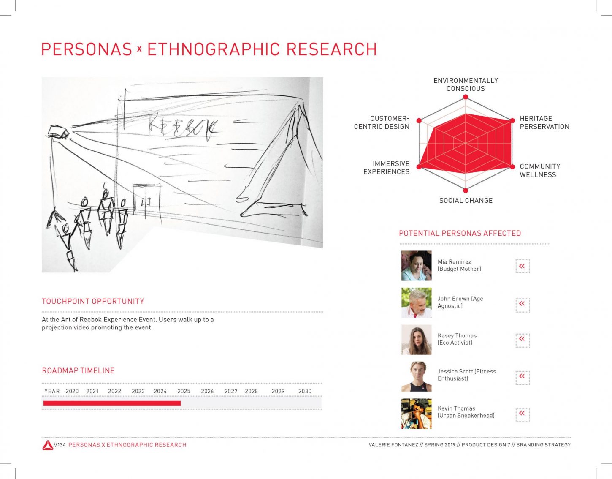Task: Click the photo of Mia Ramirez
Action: tap(416, 266)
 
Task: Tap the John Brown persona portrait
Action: tap(416, 302)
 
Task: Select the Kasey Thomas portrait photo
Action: tap(416, 340)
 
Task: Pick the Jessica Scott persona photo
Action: tap(416, 376)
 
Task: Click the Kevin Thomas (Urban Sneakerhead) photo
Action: tap(416, 414)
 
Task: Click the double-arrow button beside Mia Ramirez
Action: tap(523, 266)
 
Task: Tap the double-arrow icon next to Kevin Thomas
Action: tap(523, 415)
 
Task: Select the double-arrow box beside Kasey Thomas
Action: tap(523, 340)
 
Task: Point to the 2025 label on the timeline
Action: tap(184, 391)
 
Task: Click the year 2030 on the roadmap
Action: tap(305, 391)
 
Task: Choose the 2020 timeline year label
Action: tap(72, 391)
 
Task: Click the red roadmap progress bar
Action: tap(112, 403)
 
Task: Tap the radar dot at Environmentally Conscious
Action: tap(466, 97)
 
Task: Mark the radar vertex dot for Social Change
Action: tap(466, 190)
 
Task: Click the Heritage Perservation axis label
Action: tap(544, 122)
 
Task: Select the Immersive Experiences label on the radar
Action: tap(386, 168)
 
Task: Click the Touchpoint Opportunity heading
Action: tap(93, 301)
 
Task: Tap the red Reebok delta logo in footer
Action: tap(48, 445)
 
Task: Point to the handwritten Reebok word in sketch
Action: tap(183, 128)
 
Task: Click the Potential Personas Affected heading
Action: tap(460, 233)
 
